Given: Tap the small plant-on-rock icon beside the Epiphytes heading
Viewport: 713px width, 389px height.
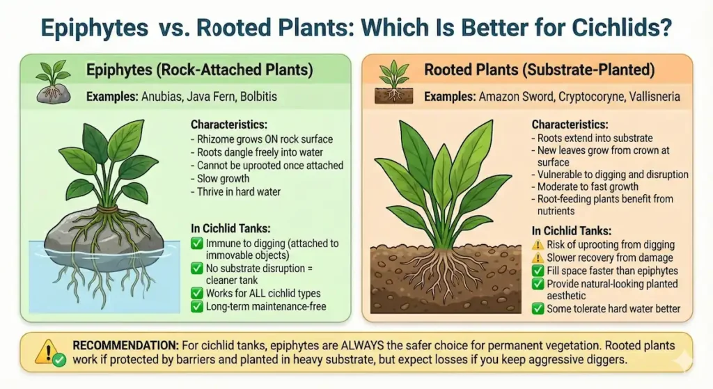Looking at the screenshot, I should tap(52, 79).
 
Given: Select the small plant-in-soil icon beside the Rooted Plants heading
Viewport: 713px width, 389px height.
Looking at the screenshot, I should tap(393, 81).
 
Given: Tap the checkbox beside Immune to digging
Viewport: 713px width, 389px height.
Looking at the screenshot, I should tap(196, 244).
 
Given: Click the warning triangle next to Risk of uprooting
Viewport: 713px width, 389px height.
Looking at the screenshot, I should tap(538, 245).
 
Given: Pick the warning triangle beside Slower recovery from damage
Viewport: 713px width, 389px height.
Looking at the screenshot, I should tap(538, 258).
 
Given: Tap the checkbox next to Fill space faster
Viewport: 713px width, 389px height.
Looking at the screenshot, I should tap(538, 271).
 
